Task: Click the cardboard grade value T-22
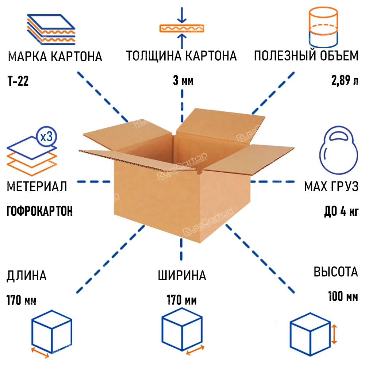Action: tap(18, 81)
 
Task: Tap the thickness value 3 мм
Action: tap(183, 81)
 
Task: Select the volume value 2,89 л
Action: tap(345, 81)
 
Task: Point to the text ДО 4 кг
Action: tap(341, 211)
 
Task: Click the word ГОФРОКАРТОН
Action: tap(39, 211)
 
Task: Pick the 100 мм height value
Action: tap(343, 296)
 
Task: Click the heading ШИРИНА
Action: tap(182, 275)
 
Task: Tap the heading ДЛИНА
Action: tap(27, 276)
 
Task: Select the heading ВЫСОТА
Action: tap(336, 272)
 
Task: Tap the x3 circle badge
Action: tap(47, 137)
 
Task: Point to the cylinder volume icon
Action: tap(323, 27)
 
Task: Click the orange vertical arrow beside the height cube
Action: tap(334, 334)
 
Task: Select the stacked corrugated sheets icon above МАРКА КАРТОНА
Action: tap(51, 29)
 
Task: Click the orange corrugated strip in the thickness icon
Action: tap(182, 28)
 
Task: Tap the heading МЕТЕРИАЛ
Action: tap(37, 187)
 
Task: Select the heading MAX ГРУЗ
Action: tap(331, 187)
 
